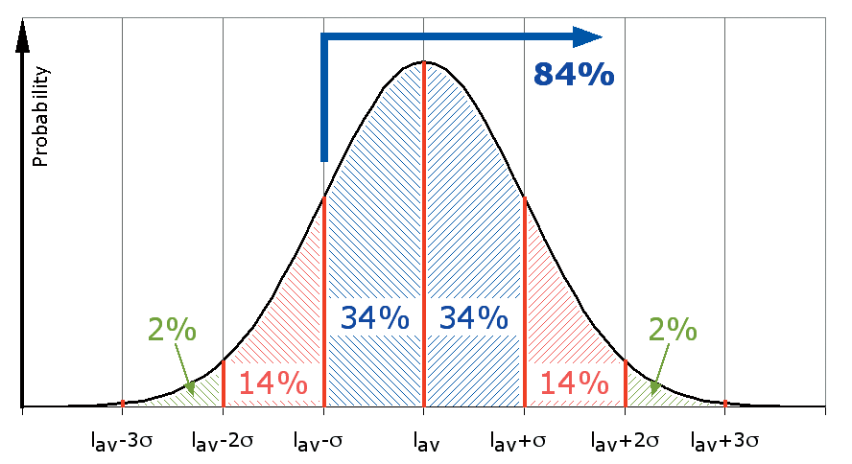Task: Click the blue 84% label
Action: coord(573,74)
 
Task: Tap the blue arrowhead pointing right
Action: coord(587,36)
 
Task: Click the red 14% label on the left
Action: coord(272,383)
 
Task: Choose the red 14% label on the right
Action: coord(575,383)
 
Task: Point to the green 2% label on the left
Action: coord(172,331)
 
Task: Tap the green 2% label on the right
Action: coord(672,331)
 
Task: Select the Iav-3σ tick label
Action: coord(123,442)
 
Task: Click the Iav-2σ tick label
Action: coord(223,442)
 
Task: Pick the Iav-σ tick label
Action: coord(322,442)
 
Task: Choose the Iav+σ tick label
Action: coord(523,442)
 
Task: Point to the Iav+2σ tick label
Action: coord(625,442)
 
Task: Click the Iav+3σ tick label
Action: coord(725,442)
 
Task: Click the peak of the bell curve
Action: coord(423,62)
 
